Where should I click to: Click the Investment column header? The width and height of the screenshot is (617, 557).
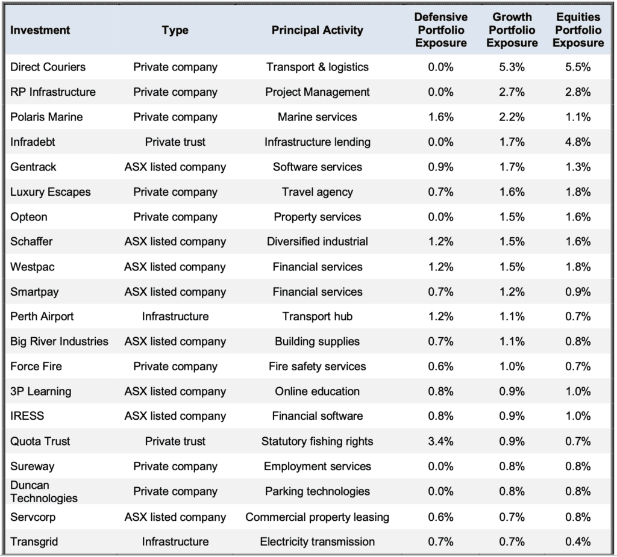tap(40, 30)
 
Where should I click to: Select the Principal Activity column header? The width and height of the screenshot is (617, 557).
tap(317, 30)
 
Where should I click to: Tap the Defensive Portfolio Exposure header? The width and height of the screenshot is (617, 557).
tap(440, 30)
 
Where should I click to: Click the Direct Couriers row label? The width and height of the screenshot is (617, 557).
tap(48, 67)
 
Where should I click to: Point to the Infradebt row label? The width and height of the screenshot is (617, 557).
tap(33, 142)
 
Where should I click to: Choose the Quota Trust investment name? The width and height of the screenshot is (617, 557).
tap(40, 441)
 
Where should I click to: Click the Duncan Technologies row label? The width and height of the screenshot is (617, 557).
tap(43, 492)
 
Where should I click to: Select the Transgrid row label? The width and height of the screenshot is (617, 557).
tap(34, 542)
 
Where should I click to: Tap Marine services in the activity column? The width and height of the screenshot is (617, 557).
tap(317, 117)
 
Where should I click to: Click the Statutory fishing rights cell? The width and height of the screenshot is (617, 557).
tap(317, 441)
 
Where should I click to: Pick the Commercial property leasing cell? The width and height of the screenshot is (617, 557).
tap(317, 517)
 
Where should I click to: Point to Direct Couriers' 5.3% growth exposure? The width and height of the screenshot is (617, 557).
tap(512, 67)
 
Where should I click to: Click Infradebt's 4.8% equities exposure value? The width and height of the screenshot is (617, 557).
tap(578, 142)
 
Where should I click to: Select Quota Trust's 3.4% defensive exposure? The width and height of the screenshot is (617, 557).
tap(440, 441)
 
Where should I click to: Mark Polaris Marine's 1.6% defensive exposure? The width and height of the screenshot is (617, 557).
tap(440, 117)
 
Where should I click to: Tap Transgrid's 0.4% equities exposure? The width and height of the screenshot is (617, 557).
tap(578, 542)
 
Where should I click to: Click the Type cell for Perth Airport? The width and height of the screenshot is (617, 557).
tap(175, 317)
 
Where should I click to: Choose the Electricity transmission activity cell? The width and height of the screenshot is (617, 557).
tap(317, 542)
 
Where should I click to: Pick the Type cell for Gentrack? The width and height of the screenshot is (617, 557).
tap(175, 167)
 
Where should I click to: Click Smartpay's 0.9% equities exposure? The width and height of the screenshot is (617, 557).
tap(578, 292)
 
